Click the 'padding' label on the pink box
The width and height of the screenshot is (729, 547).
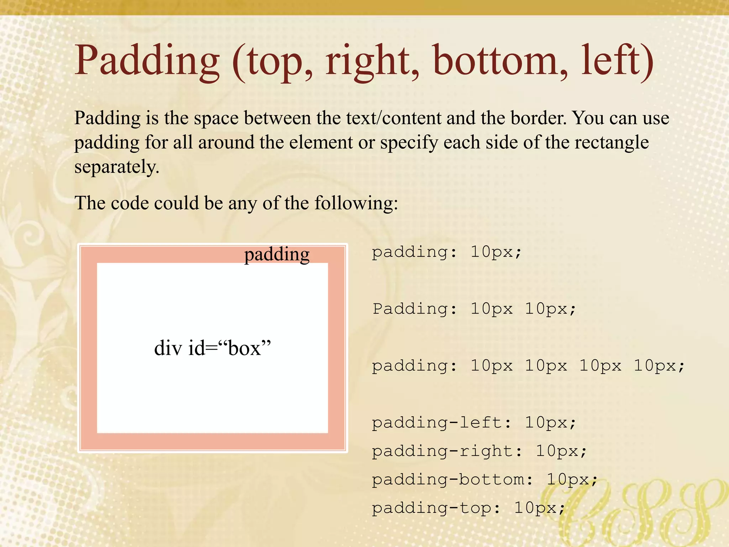tap(277, 255)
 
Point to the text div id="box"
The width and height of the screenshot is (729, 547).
tap(213, 348)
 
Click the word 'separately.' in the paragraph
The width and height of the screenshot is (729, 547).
tap(116, 167)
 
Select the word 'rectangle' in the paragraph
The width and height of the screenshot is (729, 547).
tap(612, 142)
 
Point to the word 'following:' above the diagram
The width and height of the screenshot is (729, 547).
tap(356, 203)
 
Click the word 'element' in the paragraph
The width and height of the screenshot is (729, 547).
tap(321, 142)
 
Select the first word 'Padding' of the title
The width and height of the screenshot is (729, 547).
tap(147, 61)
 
